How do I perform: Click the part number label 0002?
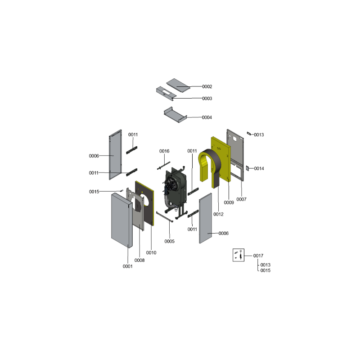tap(207, 86)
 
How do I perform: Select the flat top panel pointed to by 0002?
tap(178, 85)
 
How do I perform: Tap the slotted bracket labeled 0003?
tap(166, 93)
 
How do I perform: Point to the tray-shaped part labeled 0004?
tap(175, 115)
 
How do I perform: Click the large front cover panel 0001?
tap(121, 220)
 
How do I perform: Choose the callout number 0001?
tap(127, 266)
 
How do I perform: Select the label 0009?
tap(229, 202)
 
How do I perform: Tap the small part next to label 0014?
tap(247, 168)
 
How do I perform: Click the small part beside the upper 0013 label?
tap(249, 133)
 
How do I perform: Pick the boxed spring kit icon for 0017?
tap(238, 255)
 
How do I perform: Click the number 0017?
tap(258, 256)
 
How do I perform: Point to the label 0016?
tap(164, 151)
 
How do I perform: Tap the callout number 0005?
tap(170, 241)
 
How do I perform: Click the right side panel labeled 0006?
tap(205, 218)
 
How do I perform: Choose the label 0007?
tap(241, 199)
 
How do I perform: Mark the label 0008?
tap(139, 260)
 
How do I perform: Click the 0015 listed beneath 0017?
tap(265, 270)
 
